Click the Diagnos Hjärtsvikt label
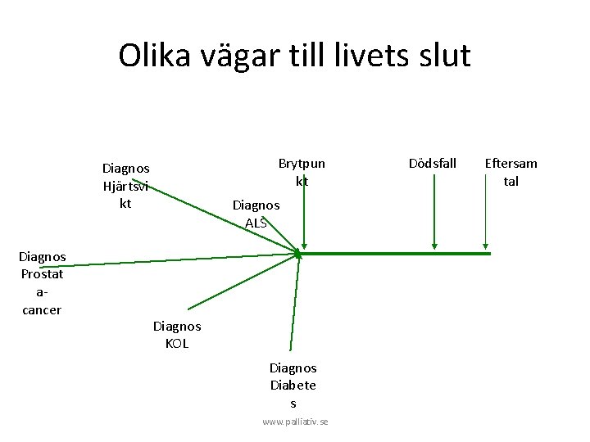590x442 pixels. (125, 185)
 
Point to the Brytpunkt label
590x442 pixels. (302, 172)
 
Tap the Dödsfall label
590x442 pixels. (433, 163)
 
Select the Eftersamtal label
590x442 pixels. (511, 172)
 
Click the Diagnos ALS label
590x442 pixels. (256, 213)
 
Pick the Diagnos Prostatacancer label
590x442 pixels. (42, 283)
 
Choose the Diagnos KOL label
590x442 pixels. (177, 335)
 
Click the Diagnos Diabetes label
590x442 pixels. (293, 386)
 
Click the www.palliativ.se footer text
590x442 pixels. (295, 421)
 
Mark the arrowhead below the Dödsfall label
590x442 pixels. (434, 243)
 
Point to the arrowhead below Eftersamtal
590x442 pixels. (486, 243)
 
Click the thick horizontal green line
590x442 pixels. (393, 254)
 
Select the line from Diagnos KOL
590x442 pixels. (242, 282)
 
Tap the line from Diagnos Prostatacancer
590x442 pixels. (180, 259)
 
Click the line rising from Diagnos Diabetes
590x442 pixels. (295, 303)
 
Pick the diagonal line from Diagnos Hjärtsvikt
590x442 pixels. (221, 217)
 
